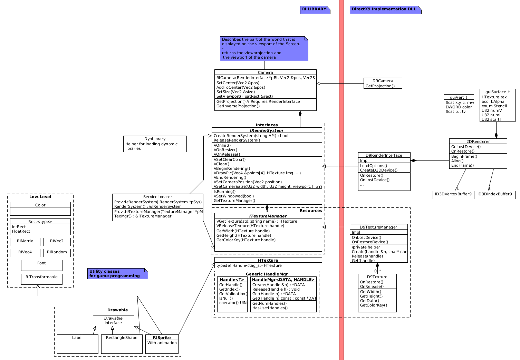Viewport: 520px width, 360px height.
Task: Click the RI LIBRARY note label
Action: point(314,9)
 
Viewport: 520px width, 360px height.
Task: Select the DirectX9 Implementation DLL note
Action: point(384,9)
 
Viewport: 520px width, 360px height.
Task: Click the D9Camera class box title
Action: point(383,81)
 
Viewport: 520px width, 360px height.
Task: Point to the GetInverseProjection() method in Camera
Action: point(238,106)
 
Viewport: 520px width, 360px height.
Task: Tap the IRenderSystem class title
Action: point(266,130)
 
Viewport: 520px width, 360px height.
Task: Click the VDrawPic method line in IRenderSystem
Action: point(257,173)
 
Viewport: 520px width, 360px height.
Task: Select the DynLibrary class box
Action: point(155,144)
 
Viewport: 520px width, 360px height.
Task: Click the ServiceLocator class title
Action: point(157,197)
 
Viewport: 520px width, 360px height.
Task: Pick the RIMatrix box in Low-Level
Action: point(25,241)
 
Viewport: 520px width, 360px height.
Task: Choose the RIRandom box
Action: point(57,252)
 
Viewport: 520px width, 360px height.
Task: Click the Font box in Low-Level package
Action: point(41,265)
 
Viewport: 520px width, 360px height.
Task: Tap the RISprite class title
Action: point(162,338)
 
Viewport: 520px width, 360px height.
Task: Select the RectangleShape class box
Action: point(122,344)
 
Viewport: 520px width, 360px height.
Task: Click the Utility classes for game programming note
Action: point(117,274)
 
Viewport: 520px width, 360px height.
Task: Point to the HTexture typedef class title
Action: point(268,260)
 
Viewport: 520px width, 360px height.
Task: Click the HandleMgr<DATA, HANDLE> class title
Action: point(283,280)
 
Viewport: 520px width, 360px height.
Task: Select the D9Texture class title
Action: point(377,277)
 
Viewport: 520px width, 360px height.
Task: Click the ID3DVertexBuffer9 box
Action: point(453,195)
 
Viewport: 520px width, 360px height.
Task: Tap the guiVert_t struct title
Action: point(459,97)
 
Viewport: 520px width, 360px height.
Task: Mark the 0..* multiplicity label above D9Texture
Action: point(377,271)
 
